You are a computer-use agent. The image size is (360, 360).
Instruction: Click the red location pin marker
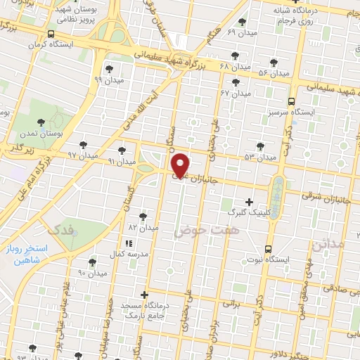click(181, 165)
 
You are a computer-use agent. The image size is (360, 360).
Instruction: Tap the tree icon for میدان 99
click(109, 69)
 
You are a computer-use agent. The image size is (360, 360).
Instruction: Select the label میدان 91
click(121, 162)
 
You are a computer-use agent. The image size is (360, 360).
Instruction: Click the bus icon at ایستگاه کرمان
click(50, 34)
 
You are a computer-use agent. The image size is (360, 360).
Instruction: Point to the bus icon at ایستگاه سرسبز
click(292, 101)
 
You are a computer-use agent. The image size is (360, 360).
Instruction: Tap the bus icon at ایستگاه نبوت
click(268, 249)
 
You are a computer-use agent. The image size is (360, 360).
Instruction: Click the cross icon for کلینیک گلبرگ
click(249, 202)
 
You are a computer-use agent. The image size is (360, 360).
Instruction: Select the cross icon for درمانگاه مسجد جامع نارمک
click(145, 294)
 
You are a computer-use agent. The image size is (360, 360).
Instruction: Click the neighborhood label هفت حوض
click(207, 229)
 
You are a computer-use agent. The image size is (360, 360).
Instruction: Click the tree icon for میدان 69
click(243, 22)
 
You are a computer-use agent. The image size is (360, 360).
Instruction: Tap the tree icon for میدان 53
click(261, 146)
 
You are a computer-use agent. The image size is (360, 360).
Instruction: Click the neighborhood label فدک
click(58, 230)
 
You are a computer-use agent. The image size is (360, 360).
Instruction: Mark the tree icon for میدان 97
click(83, 145)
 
